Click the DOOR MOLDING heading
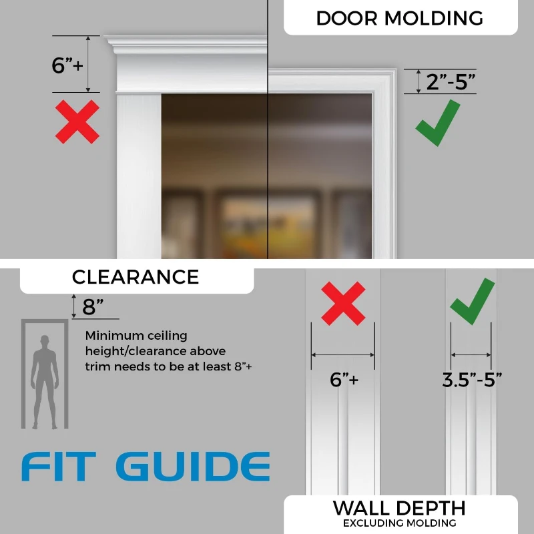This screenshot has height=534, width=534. [399, 18]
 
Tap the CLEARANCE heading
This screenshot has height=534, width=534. [136, 276]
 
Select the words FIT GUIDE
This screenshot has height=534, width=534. [146, 466]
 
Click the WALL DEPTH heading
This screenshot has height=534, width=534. [399, 508]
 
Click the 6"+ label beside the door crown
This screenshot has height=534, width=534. [67, 65]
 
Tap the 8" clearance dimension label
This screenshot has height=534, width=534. [93, 307]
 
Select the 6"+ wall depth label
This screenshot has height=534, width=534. [344, 380]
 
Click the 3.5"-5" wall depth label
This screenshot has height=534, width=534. [472, 380]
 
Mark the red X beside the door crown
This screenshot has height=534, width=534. [77, 121]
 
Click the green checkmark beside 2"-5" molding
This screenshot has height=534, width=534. [438, 123]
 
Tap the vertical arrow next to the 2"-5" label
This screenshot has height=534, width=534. [419, 81]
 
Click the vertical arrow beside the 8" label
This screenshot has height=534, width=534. [73, 306]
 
